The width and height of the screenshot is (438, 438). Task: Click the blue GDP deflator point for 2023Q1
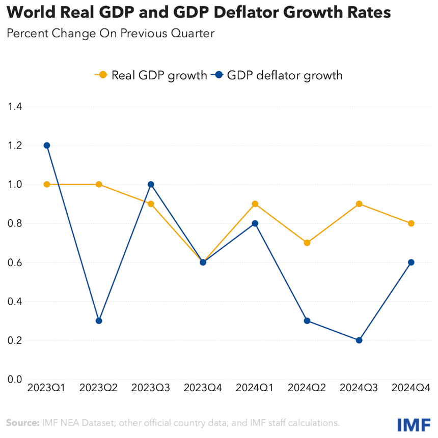click(47, 145)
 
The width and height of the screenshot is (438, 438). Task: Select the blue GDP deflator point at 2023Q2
click(99, 321)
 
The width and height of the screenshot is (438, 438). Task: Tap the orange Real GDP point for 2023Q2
click(99, 184)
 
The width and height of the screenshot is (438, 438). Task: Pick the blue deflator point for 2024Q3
click(359, 340)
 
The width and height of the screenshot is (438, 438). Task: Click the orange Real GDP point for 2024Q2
click(307, 243)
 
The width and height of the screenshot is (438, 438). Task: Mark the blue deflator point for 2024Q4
click(411, 262)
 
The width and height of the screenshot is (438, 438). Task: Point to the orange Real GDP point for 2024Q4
click(411, 223)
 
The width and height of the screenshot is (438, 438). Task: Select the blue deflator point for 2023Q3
click(151, 184)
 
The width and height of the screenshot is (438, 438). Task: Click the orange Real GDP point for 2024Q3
click(359, 204)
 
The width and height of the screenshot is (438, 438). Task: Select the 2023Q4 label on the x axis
click(203, 388)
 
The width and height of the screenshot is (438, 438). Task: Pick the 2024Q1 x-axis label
click(255, 388)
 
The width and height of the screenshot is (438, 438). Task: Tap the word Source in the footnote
click(22, 423)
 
